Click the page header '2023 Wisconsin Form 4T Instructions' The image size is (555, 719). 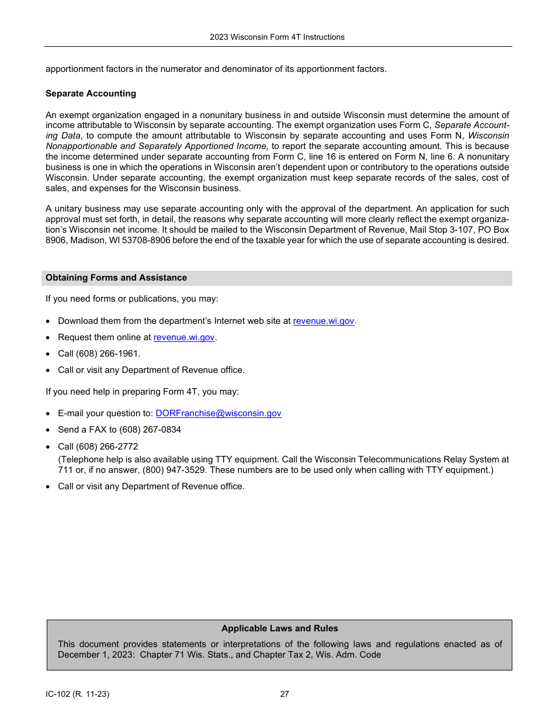click(x=277, y=37)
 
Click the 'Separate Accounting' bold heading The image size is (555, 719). click(x=91, y=94)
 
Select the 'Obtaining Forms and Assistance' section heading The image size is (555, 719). click(x=116, y=278)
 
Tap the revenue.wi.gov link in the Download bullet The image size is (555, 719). click(x=323, y=321)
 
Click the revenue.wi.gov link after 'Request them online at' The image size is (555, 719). click(x=183, y=337)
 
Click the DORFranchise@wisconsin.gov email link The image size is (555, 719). click(x=218, y=413)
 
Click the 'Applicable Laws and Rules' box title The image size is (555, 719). click(x=279, y=628)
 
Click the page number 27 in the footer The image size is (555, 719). click(x=285, y=694)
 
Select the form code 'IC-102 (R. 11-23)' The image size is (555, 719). click(x=77, y=694)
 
